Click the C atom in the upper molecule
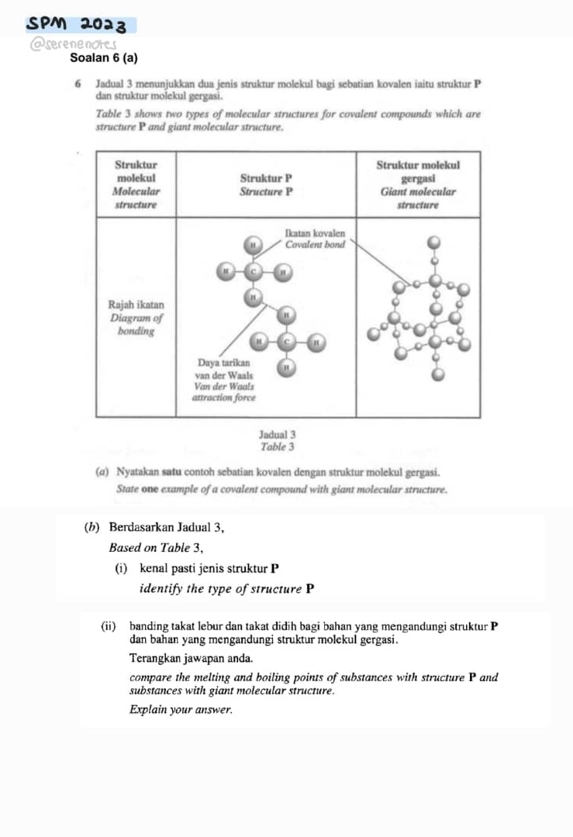point(253,272)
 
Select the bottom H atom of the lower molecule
point(288,367)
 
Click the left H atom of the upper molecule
point(225,272)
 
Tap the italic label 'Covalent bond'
point(314,244)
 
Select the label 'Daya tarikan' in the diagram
point(223,363)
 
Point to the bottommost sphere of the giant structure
point(439,375)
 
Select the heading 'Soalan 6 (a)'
point(104,57)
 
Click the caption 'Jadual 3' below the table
point(277,435)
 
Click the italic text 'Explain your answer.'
point(181,708)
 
